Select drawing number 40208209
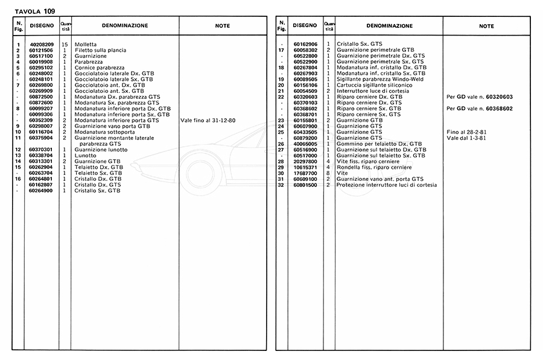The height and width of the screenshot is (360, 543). coord(42,45)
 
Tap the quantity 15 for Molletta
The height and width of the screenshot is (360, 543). coord(65,45)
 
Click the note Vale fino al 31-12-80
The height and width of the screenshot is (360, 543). coord(208,121)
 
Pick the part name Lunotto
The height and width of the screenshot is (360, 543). coord(84,156)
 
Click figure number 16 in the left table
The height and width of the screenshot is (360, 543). coord(19,179)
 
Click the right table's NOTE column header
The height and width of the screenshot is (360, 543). coord(486,26)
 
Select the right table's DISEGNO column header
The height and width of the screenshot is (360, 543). coord(305,26)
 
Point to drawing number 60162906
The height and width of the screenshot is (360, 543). coord(305,45)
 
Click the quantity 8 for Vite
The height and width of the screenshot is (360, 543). coord(328,173)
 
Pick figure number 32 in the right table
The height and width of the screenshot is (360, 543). coord(281,185)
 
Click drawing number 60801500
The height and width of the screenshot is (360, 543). coord(305,185)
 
